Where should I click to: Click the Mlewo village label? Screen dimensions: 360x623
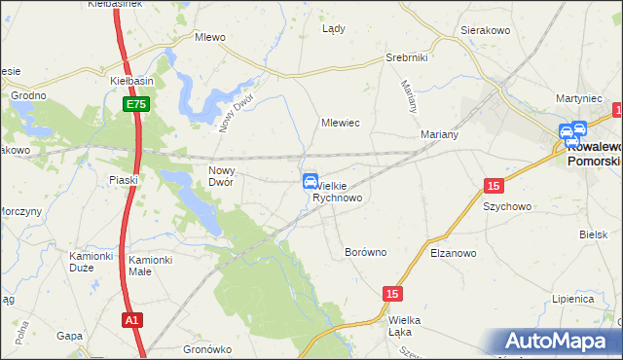[x=210, y=38]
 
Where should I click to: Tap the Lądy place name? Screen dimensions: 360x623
[x=334, y=28]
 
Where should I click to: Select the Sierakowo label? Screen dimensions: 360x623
[x=487, y=31]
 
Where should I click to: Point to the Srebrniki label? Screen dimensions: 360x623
[x=407, y=57]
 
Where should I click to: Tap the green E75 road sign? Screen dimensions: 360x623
[x=134, y=103]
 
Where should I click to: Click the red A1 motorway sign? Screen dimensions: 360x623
[x=133, y=318]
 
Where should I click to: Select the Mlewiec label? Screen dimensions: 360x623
[x=342, y=124]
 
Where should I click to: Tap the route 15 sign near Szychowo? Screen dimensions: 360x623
[x=494, y=185]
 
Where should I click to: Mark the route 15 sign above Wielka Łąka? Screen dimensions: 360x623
[x=392, y=293]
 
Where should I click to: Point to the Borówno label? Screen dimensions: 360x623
[x=366, y=252]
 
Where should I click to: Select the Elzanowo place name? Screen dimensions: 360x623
[x=453, y=253]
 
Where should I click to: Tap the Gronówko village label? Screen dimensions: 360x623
[x=206, y=348]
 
